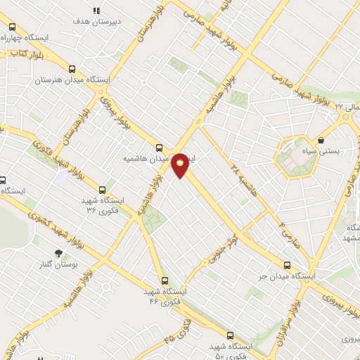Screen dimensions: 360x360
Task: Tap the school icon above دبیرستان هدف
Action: (97, 11)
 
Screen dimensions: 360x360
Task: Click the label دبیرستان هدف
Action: (96, 22)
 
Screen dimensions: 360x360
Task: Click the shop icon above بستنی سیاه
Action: (321, 139)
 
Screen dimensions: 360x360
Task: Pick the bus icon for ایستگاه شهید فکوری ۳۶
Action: (103, 189)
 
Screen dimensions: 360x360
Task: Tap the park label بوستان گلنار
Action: (58, 265)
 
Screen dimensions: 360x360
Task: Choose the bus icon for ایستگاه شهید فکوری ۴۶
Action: (165, 280)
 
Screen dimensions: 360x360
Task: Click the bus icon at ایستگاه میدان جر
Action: (287, 265)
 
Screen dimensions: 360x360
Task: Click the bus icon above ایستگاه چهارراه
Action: (12, 27)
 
